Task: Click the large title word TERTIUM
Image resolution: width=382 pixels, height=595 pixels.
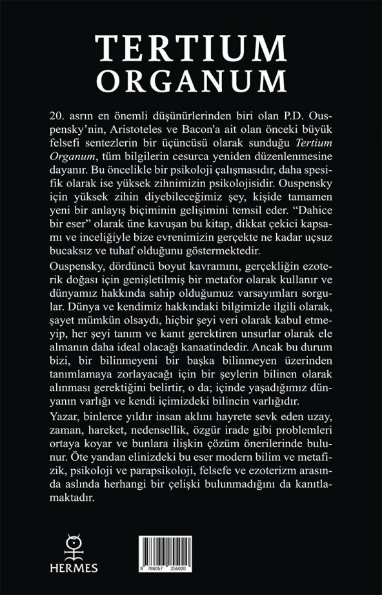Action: coord(191,49)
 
